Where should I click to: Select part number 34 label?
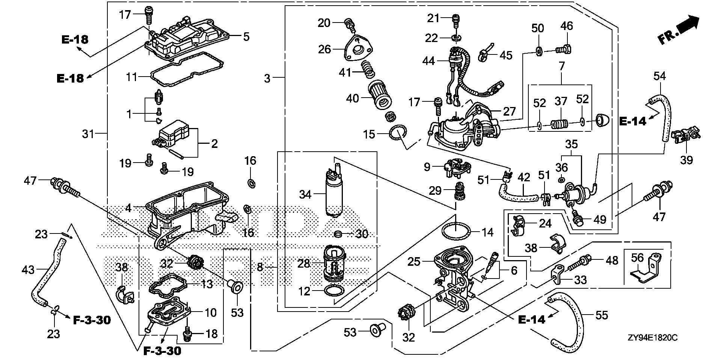[x=305, y=194]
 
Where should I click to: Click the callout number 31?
[x=88, y=133]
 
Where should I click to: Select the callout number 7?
[x=561, y=67]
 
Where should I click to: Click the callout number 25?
[x=414, y=261]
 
